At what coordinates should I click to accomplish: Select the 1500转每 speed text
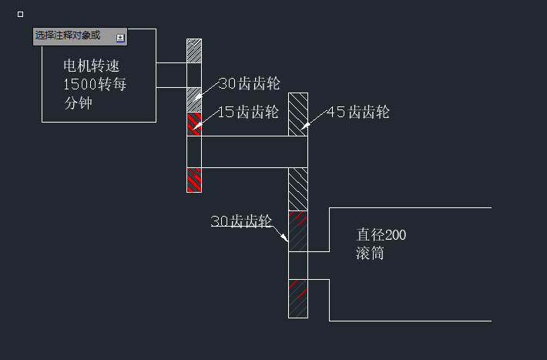point(95,84)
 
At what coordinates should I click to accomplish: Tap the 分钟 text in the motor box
point(79,103)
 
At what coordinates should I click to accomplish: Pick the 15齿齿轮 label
point(247,113)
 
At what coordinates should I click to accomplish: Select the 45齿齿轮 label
point(358,113)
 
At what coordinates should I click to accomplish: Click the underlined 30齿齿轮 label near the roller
point(242,221)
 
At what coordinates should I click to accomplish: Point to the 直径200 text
point(381,235)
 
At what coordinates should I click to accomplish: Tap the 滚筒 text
point(370,254)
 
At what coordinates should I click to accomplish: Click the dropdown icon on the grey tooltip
point(120,37)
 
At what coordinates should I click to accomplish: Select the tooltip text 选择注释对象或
point(68,36)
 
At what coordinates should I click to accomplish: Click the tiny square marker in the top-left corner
point(20,14)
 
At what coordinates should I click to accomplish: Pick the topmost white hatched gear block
point(194,51)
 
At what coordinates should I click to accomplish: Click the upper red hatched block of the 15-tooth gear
point(194,124)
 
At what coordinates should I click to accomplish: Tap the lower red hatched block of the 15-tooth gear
point(194,180)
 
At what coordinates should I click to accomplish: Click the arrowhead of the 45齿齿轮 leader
point(303,126)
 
